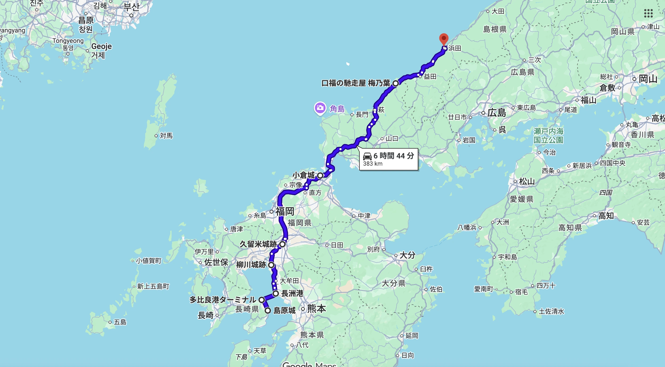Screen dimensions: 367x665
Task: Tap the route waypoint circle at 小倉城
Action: click(320, 175)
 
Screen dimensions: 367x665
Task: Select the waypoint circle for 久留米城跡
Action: click(282, 244)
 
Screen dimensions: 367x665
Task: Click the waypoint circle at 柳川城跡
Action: click(271, 265)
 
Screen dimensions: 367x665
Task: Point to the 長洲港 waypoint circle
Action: click(276, 293)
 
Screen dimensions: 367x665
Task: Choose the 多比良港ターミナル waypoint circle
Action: click(262, 300)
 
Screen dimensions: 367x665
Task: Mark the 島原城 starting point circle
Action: click(268, 311)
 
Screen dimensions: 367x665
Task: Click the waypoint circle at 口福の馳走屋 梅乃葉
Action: click(396, 83)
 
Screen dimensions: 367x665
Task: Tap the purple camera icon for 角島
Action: click(320, 108)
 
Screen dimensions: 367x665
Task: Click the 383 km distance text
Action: click(373, 164)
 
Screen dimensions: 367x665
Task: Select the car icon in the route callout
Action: click(367, 156)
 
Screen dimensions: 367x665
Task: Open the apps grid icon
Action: click(648, 13)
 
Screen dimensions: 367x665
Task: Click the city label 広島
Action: click(497, 113)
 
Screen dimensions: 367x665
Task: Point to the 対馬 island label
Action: click(166, 136)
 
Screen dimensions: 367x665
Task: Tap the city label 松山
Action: click(527, 182)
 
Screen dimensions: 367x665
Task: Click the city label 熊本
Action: click(316, 309)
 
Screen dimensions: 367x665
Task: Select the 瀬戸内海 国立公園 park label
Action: click(548, 136)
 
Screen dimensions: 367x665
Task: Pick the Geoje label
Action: click(102, 47)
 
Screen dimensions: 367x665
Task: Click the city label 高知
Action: click(606, 216)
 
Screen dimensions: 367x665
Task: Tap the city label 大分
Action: click(407, 255)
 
